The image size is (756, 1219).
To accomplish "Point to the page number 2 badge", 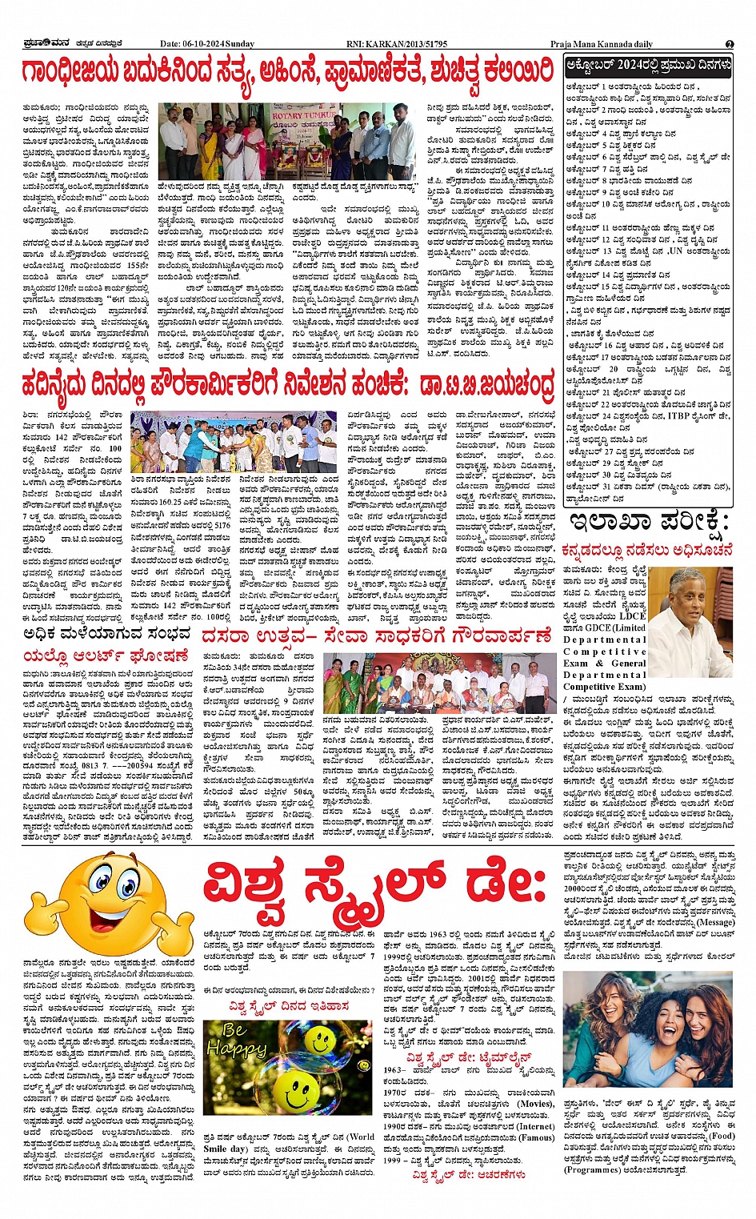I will tap(730, 44).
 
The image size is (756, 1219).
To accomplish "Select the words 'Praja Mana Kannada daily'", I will tap(602, 44).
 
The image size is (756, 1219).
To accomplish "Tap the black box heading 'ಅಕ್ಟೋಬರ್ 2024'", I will tap(648, 64).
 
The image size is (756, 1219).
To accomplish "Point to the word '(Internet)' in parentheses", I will tap(535, 1126).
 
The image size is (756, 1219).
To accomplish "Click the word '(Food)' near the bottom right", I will tap(722, 1135).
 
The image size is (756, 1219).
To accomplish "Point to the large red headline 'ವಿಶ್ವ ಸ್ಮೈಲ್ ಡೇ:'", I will tap(376, 887).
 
